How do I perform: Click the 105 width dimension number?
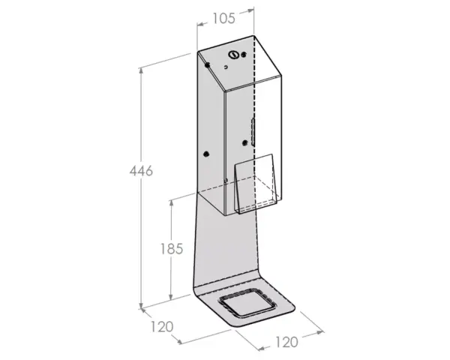223,19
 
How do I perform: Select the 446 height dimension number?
141,171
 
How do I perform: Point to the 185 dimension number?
171,249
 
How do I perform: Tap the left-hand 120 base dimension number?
162,327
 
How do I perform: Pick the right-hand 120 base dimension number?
286,342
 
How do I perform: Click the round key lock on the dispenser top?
232,55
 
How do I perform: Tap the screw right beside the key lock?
243,55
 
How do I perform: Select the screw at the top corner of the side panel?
207,65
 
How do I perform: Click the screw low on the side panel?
205,154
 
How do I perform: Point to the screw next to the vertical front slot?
244,142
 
